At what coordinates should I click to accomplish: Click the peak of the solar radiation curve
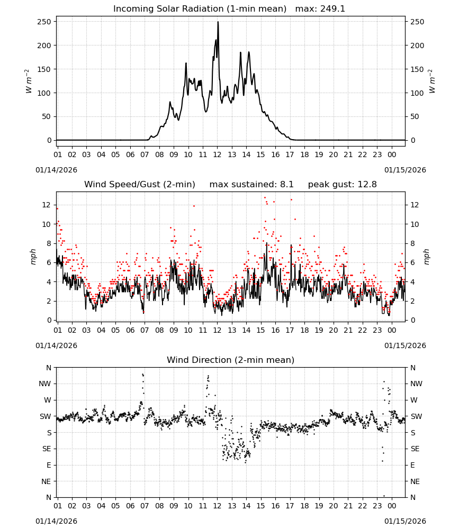pos(218,22)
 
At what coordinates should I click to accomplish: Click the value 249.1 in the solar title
pos(332,9)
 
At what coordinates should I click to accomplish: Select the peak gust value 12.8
pos(366,185)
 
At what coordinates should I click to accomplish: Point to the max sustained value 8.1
pos(286,185)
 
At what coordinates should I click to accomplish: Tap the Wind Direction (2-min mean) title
pos(231,360)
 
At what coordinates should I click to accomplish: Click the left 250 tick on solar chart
pos(44,22)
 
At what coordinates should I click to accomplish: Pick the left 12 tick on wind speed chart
pos(47,205)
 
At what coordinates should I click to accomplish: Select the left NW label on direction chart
pos(45,384)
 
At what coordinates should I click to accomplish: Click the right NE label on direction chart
pos(415,481)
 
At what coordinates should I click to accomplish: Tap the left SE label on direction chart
pos(47,449)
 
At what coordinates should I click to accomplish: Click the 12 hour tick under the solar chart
pos(217,155)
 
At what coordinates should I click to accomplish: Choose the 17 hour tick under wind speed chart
pos(290,330)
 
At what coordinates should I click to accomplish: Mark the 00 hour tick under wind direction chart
pos(392,506)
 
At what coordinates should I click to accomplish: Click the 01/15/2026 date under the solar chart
pos(405,170)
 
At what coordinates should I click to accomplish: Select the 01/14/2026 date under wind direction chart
pos(56,521)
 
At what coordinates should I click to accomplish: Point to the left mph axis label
pos(33,257)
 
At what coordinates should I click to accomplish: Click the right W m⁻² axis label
pos(432,81)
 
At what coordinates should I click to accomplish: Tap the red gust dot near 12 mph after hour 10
pos(194,206)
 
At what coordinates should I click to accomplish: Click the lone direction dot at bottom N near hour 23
pos(384,496)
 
